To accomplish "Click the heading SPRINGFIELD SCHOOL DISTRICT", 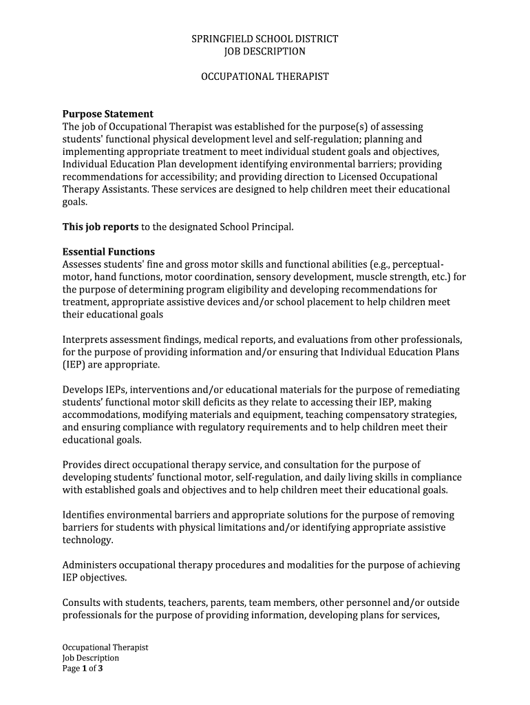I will click(x=264, y=39).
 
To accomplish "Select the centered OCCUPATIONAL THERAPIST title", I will click(x=264, y=76).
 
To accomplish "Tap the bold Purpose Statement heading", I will click(x=108, y=114).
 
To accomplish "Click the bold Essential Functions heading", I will click(x=109, y=252).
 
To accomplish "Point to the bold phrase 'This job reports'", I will click(x=100, y=227).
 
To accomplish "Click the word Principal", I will click(x=274, y=227).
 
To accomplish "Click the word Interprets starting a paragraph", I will click(x=87, y=339).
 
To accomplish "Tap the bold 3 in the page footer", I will click(x=100, y=668).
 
